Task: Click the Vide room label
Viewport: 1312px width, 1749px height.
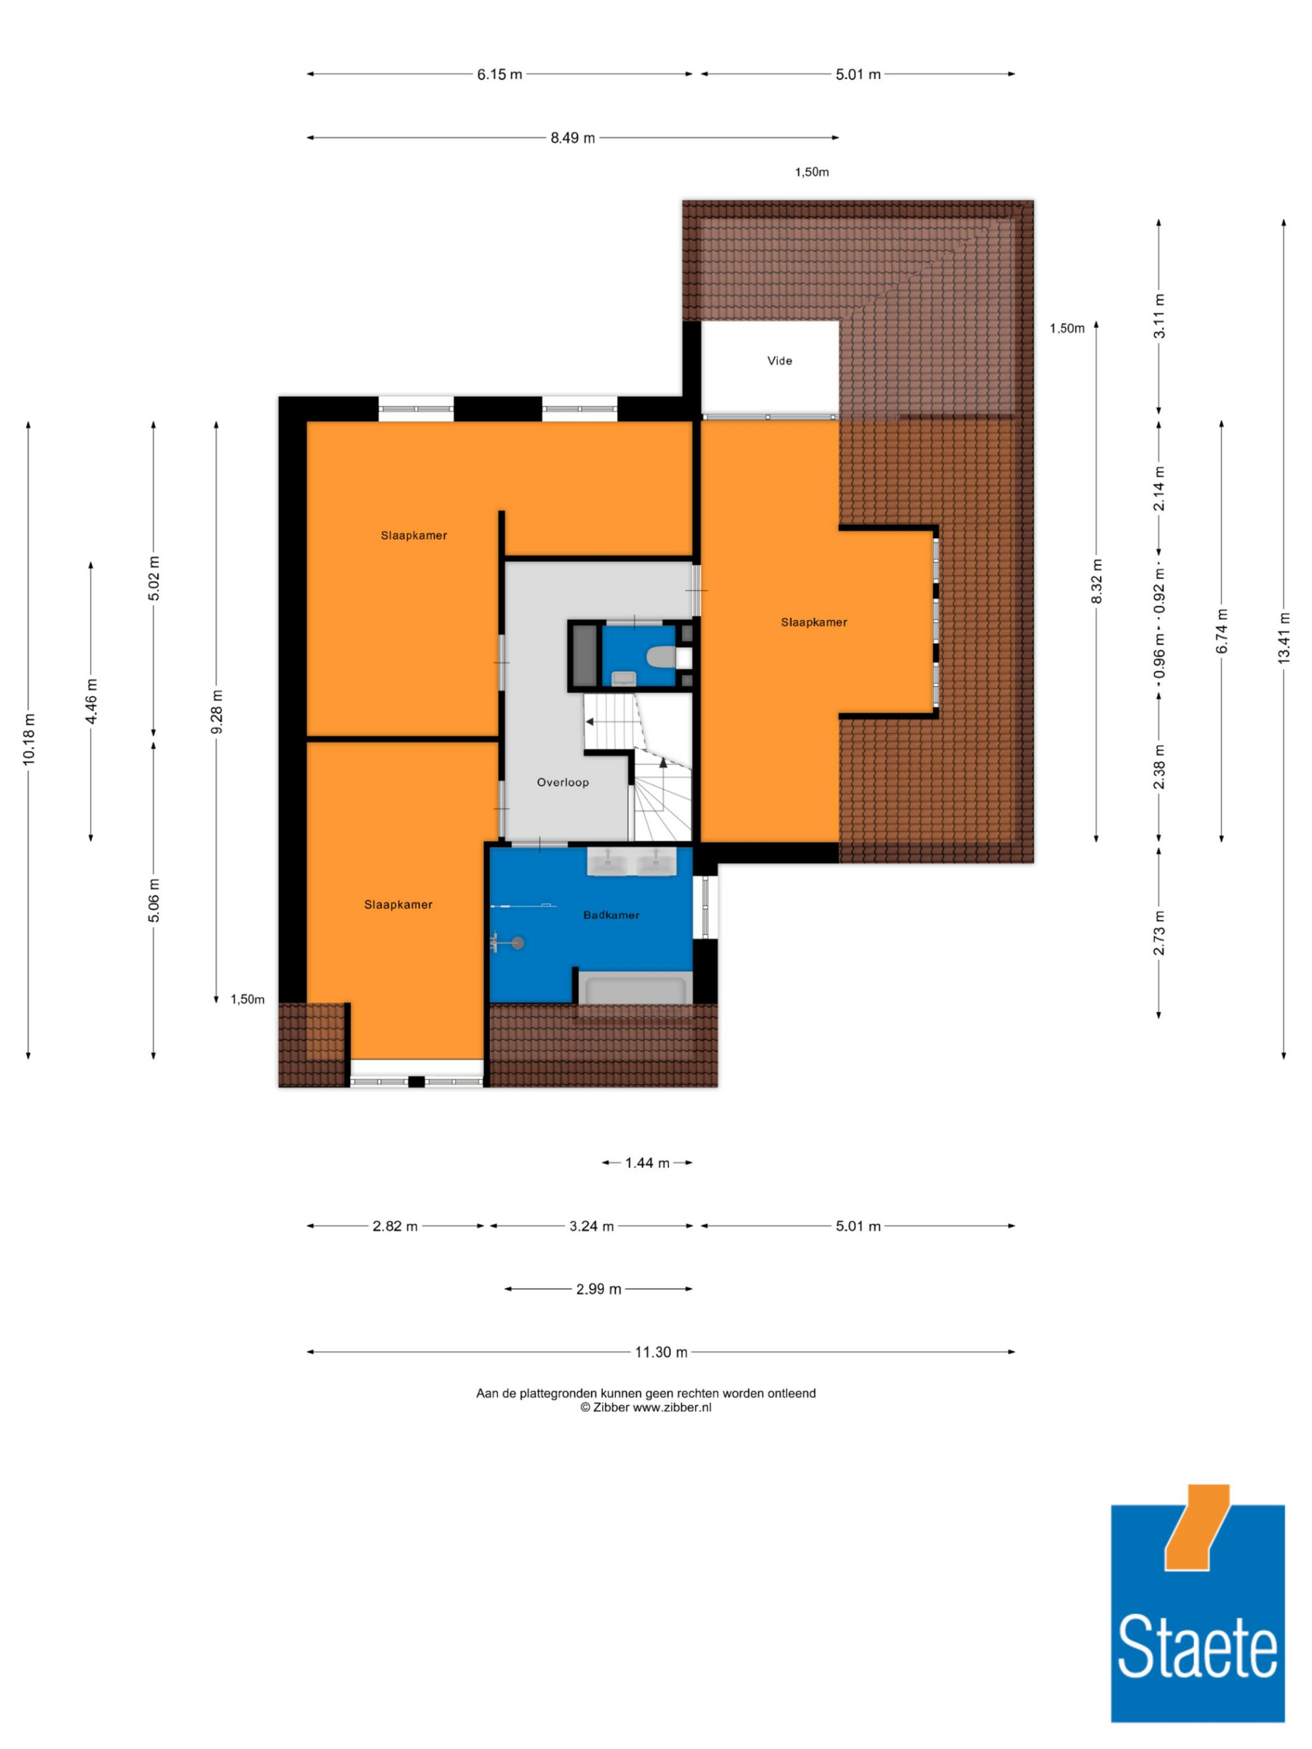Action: click(779, 361)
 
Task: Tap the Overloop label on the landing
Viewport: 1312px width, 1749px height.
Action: click(562, 782)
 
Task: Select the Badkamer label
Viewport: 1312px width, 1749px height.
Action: click(611, 915)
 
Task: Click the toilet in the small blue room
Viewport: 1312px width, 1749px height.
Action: click(659, 656)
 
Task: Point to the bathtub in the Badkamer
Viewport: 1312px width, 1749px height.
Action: click(635, 990)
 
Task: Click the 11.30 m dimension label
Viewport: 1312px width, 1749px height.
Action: click(661, 1352)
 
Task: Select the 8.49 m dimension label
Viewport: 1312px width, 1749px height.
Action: click(573, 138)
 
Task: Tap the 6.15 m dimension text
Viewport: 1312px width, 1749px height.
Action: click(499, 74)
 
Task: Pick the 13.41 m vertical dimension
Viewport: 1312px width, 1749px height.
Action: click(1284, 638)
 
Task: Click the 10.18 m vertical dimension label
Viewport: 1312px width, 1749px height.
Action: click(28, 738)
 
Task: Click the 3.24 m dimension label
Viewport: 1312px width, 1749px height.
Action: click(592, 1226)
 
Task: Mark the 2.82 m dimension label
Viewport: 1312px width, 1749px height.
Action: click(395, 1226)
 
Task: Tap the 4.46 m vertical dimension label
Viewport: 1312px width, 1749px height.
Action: click(91, 700)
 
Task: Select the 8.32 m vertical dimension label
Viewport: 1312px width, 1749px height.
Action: click(1096, 581)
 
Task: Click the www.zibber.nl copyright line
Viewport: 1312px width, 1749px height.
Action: click(646, 1407)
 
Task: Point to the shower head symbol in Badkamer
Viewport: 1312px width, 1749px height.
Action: click(517, 942)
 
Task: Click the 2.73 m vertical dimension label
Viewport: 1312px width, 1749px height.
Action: click(1158, 933)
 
